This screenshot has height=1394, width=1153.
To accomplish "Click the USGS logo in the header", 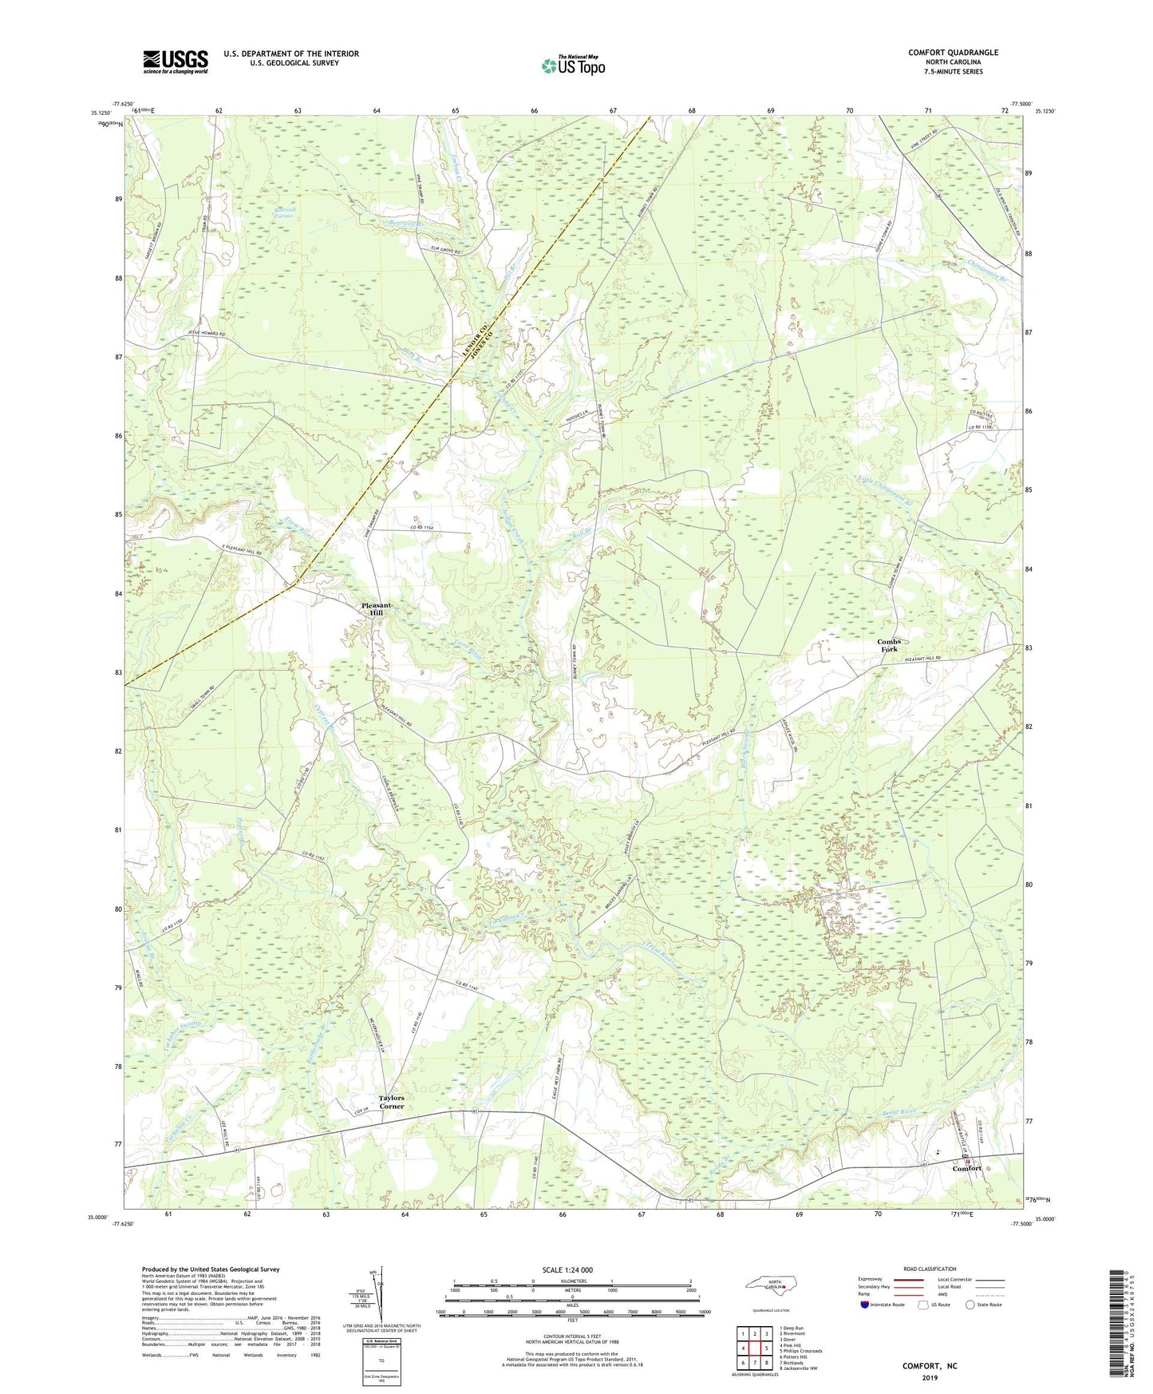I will (176, 61).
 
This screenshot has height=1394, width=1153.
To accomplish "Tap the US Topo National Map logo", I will (572, 65).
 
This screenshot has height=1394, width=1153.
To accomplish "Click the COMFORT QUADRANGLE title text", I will (953, 53).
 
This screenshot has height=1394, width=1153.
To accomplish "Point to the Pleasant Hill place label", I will (376, 609).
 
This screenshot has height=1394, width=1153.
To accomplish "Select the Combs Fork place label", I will (888, 645).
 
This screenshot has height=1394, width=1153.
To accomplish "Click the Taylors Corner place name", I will (391, 1102).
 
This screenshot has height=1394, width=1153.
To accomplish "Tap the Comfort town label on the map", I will (967, 1168).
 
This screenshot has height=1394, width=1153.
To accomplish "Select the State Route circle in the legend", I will (969, 1305).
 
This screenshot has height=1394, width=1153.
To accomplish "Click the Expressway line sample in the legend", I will (907, 1280).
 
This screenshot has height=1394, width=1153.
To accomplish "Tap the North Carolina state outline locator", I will (767, 1285).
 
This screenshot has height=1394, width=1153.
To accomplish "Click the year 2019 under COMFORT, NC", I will (930, 1377).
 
